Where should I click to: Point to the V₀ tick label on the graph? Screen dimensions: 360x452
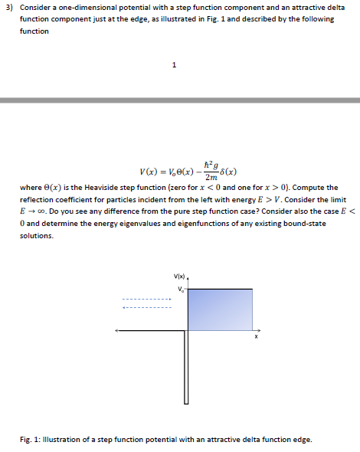pyautogui.click(x=180, y=289)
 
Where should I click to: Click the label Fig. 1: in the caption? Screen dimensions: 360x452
pyautogui.click(x=31, y=439)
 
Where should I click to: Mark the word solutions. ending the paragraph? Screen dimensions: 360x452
pyautogui.click(x=36, y=235)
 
